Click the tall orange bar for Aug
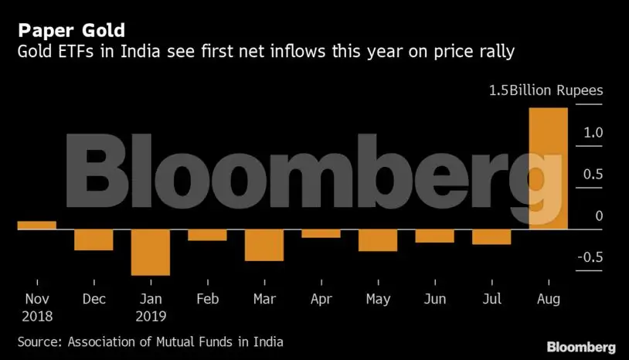point(548,168)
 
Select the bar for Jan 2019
point(150,252)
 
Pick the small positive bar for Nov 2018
point(36,225)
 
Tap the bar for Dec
point(93,239)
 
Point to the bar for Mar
point(263,245)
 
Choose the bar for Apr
point(321,233)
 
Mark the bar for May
point(377,240)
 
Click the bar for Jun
point(434,236)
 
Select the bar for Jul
point(491,236)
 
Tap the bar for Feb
point(207,235)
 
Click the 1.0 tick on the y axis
point(593,133)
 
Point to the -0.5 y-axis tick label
point(590,257)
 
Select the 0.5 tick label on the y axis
point(593,175)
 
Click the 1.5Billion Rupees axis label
point(546,90)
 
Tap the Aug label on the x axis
point(548,298)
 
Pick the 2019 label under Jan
point(150,315)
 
